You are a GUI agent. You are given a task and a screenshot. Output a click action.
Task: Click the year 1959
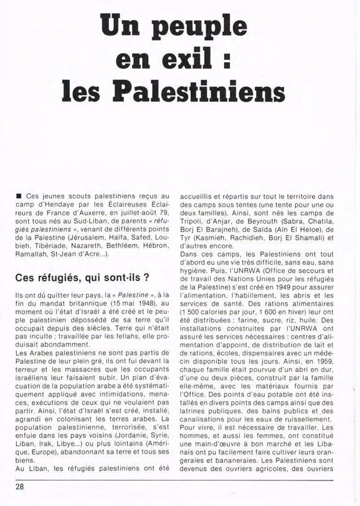[328, 359]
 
